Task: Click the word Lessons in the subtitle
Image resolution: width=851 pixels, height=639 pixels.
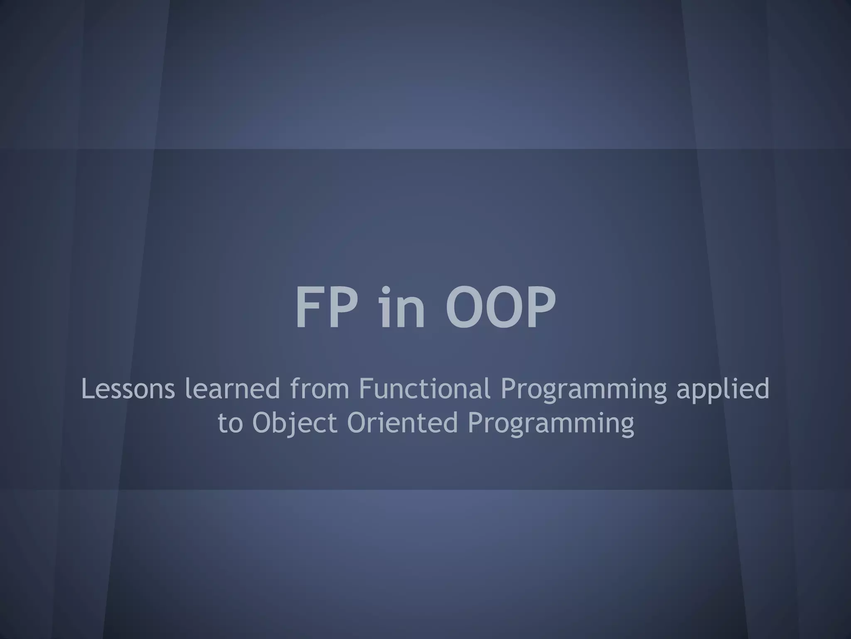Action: click(x=128, y=389)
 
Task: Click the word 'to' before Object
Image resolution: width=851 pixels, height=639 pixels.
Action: click(x=230, y=423)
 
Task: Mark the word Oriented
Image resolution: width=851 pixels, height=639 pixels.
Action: click(x=403, y=422)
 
